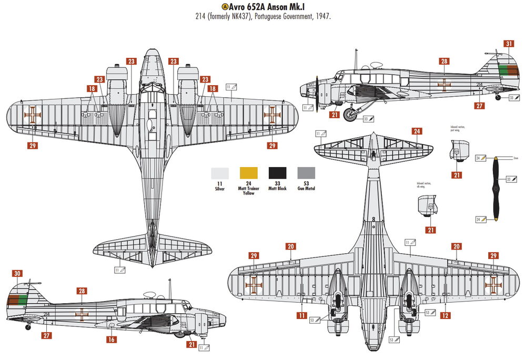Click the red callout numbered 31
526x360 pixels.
[509, 44]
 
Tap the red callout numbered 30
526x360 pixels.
[18, 273]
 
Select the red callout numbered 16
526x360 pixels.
[111, 340]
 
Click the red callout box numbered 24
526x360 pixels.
[417, 131]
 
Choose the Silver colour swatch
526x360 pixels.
[220, 173]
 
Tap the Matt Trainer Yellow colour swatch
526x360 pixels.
[248, 173]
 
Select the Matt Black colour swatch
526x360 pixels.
[278, 173]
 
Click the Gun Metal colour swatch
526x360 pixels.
[307, 173]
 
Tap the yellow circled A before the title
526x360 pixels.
[225, 7]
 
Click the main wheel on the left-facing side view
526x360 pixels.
[350, 115]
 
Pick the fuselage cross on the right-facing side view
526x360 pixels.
[82, 314]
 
